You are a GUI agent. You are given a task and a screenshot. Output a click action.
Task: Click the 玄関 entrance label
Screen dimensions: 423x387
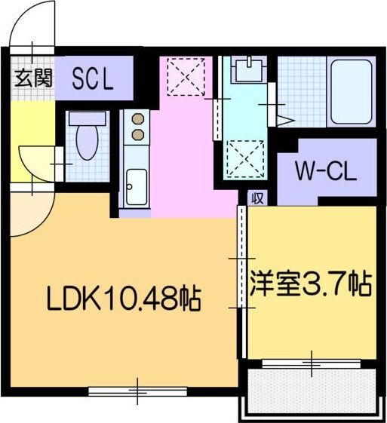(32, 78)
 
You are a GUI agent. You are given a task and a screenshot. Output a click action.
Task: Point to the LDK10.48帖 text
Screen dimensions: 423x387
(123, 300)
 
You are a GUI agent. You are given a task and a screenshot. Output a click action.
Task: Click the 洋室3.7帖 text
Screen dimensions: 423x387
(310, 286)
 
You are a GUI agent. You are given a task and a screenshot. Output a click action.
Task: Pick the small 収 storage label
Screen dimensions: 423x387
(257, 198)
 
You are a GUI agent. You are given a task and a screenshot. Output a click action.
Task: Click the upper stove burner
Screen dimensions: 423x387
(138, 119)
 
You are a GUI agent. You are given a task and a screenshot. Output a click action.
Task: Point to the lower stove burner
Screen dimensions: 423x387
(138, 134)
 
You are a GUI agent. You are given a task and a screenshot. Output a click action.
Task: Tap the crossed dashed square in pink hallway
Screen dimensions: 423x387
(184, 75)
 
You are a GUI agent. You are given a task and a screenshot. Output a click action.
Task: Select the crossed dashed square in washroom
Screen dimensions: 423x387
(244, 158)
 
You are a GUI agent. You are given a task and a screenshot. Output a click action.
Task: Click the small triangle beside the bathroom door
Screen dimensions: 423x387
(285, 119)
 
